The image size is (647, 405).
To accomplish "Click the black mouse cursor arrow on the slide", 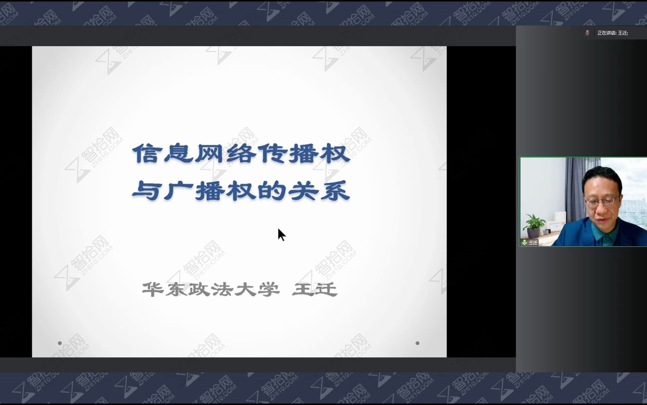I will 282,235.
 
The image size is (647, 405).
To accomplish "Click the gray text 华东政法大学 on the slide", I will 211,289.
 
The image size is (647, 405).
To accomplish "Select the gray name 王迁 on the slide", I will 315,289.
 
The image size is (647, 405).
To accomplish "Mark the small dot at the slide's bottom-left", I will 60,343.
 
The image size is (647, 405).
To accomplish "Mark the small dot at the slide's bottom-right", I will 417,343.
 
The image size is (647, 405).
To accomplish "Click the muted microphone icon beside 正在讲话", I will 587,33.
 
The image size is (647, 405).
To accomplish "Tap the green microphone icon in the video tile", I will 525,242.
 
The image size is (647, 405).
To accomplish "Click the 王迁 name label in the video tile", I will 533,243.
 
